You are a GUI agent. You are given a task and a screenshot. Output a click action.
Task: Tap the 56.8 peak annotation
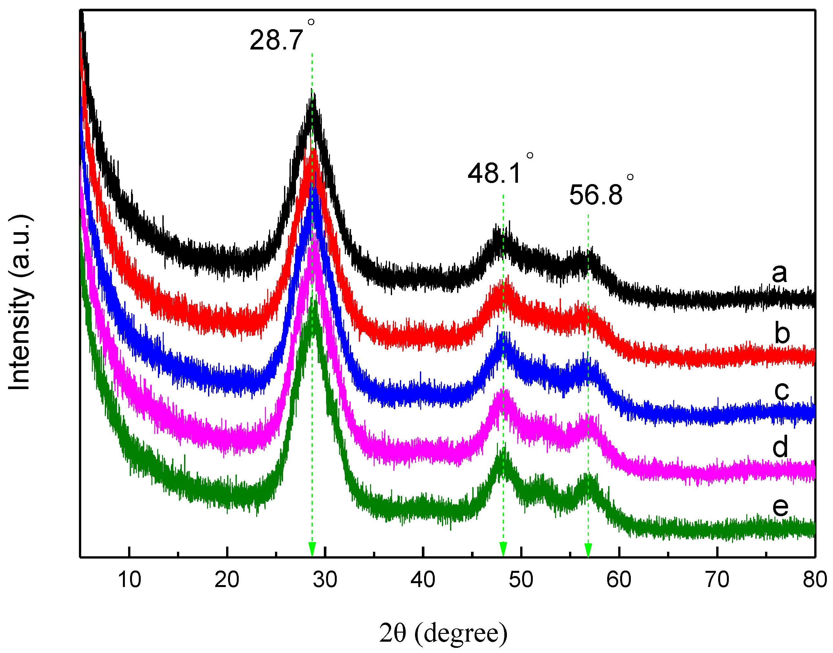pos(597,195)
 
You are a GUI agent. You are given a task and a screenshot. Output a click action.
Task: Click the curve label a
pos(779,273)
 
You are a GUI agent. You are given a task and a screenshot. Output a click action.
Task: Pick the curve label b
pos(782,333)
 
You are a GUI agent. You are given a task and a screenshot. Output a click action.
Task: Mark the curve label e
pos(780,506)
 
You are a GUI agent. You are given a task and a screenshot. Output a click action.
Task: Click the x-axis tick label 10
pos(129,580)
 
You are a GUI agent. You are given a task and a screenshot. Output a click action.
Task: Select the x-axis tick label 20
pos(227,580)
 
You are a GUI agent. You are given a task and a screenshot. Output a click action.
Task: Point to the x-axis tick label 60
pos(619,580)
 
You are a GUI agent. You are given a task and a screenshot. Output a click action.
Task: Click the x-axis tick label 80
pos(815,580)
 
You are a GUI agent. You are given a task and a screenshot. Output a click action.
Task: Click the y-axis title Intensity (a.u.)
pos(20,302)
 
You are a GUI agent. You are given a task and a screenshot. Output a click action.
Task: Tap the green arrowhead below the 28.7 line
pos(312,550)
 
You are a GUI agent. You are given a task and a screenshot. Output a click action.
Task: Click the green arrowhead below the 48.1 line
pos(503,550)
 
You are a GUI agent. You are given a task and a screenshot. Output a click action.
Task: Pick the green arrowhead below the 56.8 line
pos(588,550)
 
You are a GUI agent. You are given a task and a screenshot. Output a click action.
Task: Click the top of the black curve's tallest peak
pos(312,92)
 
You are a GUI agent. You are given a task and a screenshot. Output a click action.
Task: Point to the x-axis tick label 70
pos(717,580)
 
